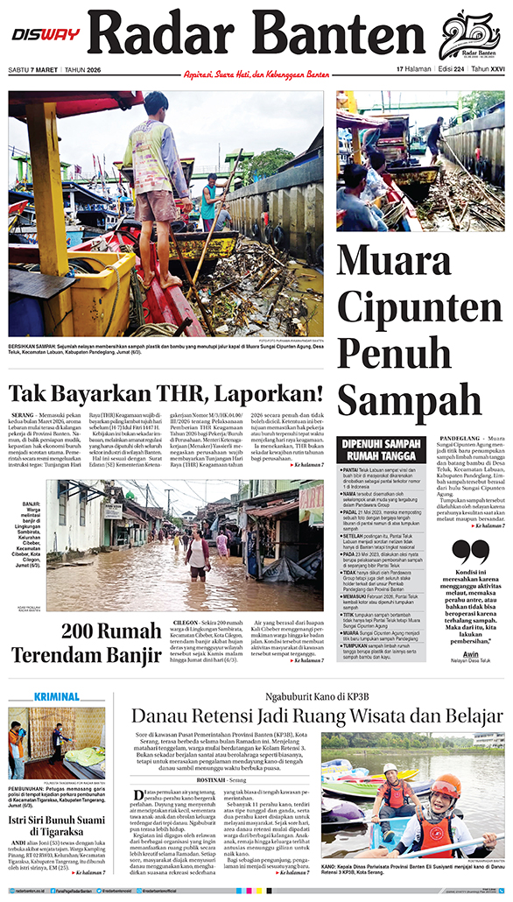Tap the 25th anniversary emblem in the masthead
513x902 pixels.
(x=469, y=37)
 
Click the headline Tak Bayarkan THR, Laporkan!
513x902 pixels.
(x=166, y=393)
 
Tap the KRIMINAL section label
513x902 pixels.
(x=57, y=696)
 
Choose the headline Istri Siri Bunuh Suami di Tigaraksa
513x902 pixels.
(x=57, y=802)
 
